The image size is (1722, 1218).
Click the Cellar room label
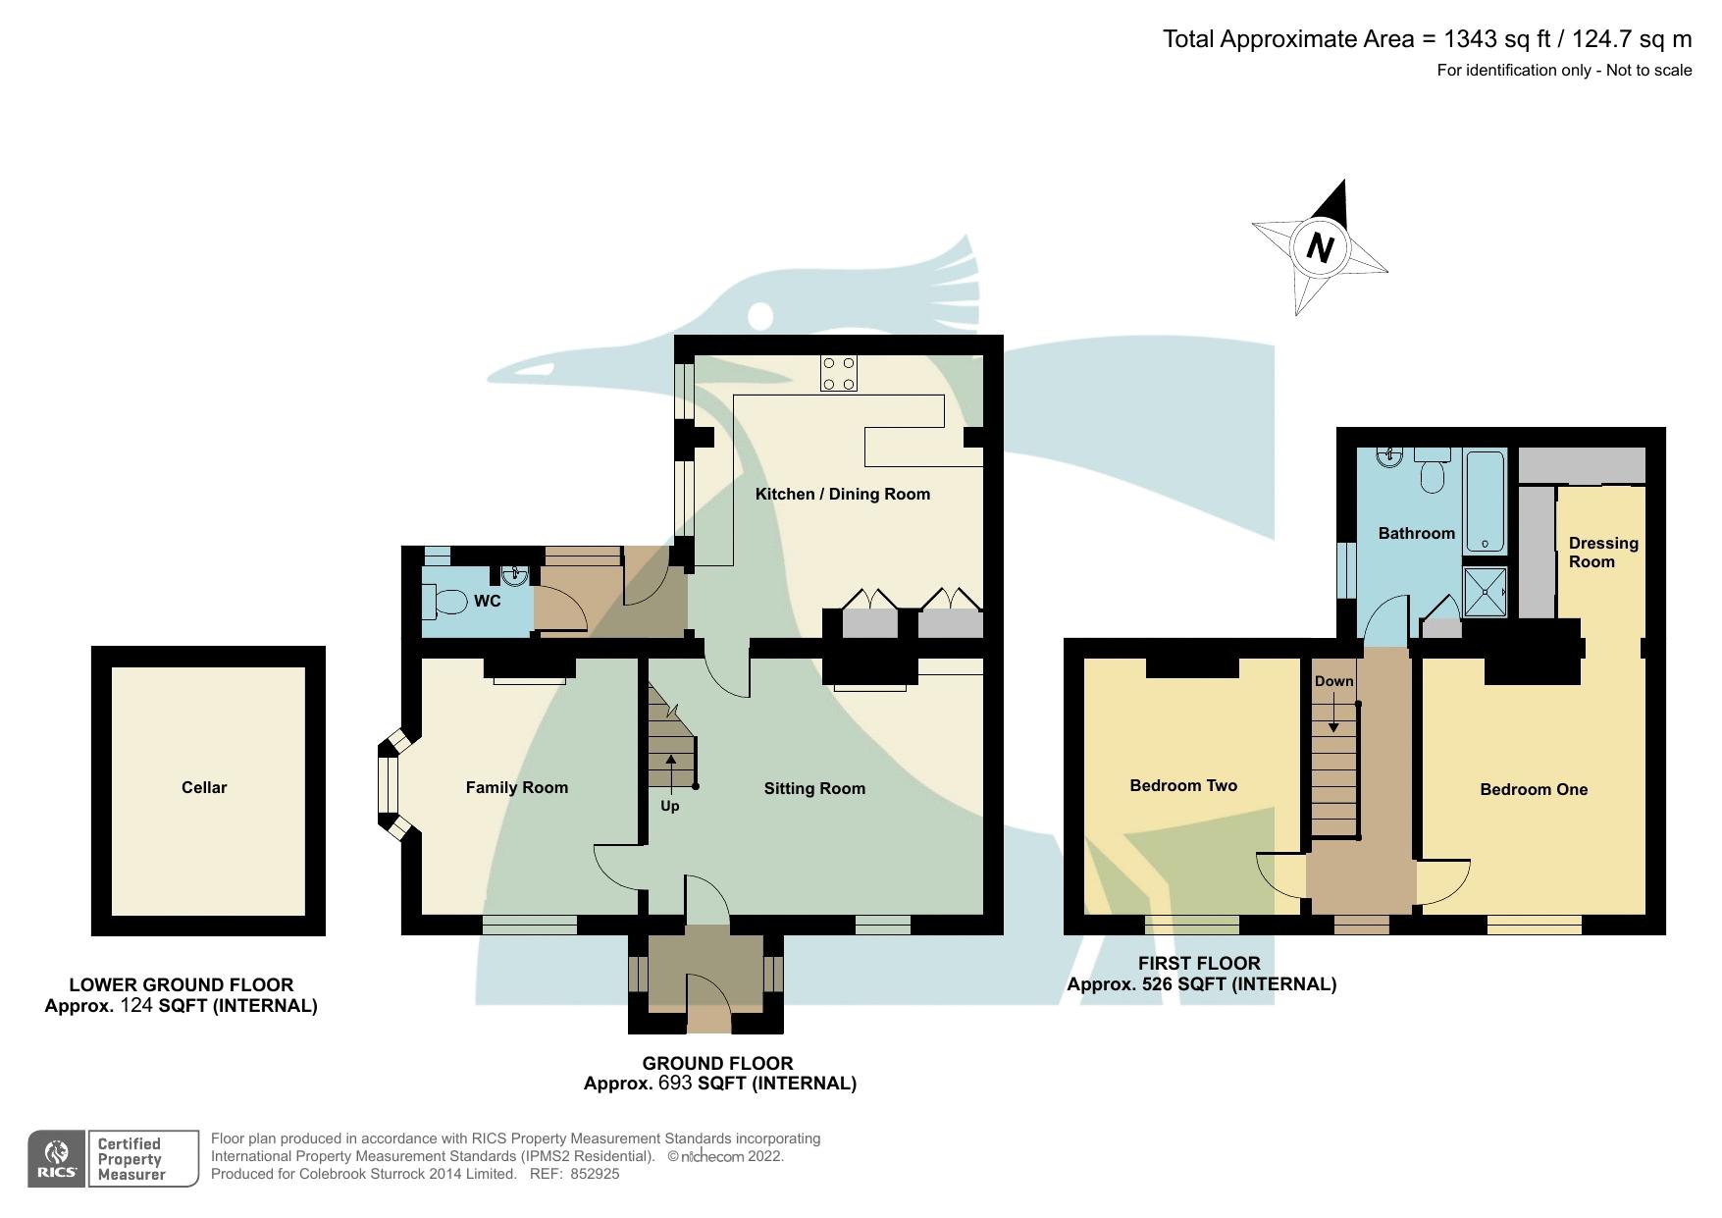[204, 787]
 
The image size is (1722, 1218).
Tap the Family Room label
[516, 787]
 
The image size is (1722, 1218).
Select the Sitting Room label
[814, 788]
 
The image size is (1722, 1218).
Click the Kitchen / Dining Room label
[842, 494]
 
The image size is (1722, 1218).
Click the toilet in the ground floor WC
[446, 601]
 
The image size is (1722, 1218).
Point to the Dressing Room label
[1602, 553]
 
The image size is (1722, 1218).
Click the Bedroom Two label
[1183, 785]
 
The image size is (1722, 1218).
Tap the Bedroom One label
[1534, 789]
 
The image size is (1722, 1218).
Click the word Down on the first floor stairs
[1333, 681]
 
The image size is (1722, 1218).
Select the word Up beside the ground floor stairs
[669, 806]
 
